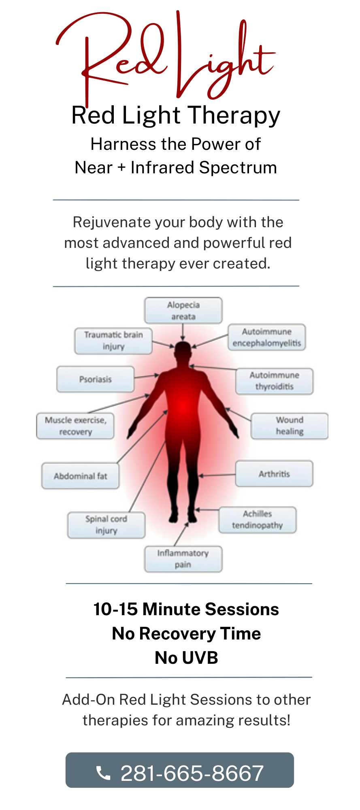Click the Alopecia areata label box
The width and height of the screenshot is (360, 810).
click(183, 311)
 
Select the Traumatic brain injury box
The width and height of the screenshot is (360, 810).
click(113, 341)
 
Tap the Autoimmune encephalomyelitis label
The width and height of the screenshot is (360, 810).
click(267, 337)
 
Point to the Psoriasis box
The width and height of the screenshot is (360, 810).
click(96, 379)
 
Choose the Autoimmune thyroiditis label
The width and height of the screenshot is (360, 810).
click(274, 381)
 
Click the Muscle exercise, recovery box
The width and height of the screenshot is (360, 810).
click(75, 426)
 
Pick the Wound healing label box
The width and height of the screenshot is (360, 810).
click(290, 426)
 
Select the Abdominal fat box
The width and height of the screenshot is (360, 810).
click(81, 476)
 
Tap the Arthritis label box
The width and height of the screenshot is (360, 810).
click(274, 474)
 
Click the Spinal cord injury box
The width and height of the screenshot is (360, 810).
click(106, 525)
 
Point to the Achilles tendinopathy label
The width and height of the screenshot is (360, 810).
click(258, 520)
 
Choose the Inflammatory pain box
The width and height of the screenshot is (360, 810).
click(183, 559)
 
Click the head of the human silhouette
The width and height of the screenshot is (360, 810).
click(183, 351)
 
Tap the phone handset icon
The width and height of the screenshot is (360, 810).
click(103, 773)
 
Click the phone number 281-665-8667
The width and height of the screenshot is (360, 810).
click(192, 773)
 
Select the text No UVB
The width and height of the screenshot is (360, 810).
click(186, 658)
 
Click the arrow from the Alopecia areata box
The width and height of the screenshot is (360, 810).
click(183, 332)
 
